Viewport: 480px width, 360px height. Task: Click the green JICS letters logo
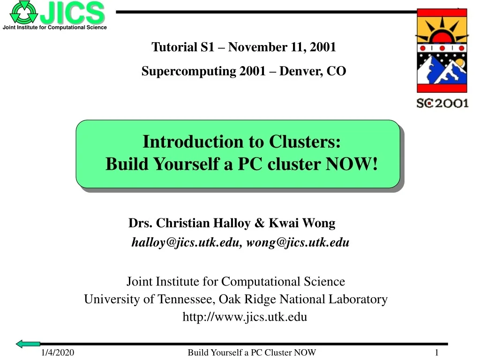pyautogui.click(x=72, y=13)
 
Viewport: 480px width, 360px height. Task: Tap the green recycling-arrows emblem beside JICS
pyautogui.click(x=23, y=12)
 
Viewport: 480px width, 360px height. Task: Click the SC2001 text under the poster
pyautogui.click(x=442, y=103)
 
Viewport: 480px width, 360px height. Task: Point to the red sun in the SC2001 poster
pyautogui.click(x=442, y=35)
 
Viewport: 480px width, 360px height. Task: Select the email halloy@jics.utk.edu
pyautogui.click(x=186, y=242)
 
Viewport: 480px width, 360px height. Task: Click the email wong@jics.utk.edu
pyautogui.click(x=298, y=242)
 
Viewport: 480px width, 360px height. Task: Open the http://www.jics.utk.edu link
pyautogui.click(x=245, y=317)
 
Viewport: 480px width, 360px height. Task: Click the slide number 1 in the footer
pyautogui.click(x=436, y=353)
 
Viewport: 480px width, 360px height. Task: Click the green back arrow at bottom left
pyautogui.click(x=28, y=344)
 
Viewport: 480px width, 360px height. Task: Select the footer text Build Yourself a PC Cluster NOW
pyautogui.click(x=252, y=353)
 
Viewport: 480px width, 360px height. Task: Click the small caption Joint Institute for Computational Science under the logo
pyautogui.click(x=55, y=28)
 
